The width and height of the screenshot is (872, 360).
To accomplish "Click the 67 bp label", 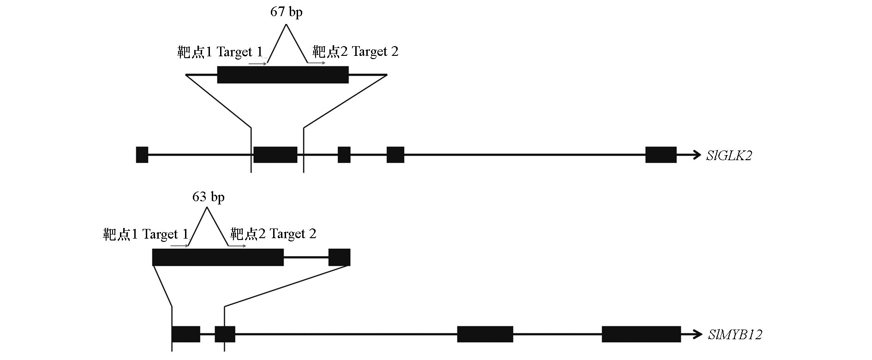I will coord(286,12).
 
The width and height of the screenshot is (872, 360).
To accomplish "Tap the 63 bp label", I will coord(208,197).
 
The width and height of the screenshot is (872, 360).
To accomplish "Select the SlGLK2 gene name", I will coord(729,156).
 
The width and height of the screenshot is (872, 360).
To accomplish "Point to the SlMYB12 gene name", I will coord(735,335).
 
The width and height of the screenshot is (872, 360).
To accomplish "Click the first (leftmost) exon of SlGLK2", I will coord(142,155).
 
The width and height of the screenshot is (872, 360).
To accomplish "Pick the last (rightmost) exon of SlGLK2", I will coord(661,155).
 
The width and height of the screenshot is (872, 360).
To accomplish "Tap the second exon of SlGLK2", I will coord(275,155).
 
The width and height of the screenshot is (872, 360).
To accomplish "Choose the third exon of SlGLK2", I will coord(344,155).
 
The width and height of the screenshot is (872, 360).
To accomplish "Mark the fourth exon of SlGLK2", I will coord(395,155).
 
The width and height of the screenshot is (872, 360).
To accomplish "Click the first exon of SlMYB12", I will coord(186,334).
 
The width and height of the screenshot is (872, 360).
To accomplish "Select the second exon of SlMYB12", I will coord(225,334).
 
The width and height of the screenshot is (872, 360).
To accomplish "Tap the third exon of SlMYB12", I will coord(485,334).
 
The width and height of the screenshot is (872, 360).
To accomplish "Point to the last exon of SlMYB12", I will coord(641,334).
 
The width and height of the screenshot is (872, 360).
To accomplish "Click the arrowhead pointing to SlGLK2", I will coord(696,155).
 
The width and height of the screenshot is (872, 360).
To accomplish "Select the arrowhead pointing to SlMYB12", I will coord(698,334).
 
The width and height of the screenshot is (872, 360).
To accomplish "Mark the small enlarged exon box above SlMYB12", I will coord(339,257).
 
